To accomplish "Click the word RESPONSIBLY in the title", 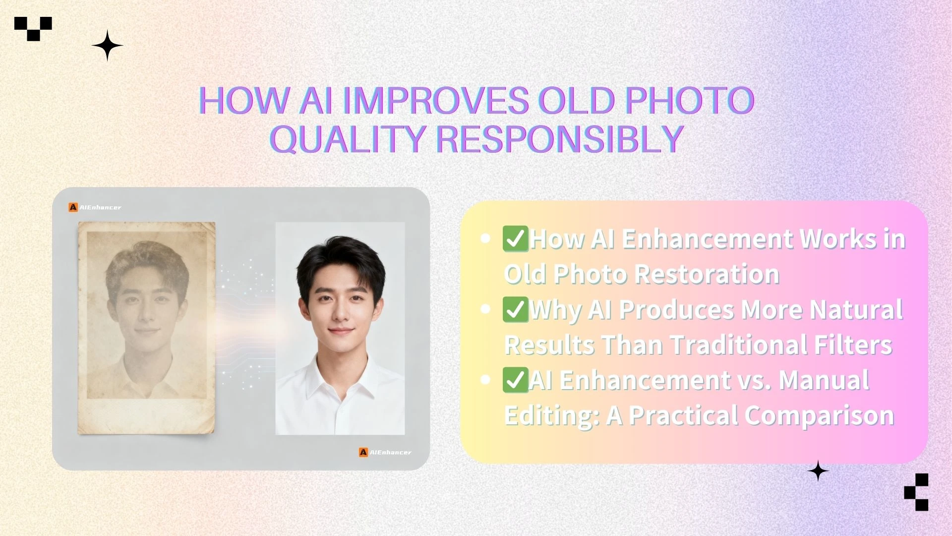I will [560, 138].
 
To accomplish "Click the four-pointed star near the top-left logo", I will [107, 46].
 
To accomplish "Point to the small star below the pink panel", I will [818, 471].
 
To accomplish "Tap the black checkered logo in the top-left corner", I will [33, 28].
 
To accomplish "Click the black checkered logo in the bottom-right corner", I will [917, 492].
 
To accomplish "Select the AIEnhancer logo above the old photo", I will [95, 207].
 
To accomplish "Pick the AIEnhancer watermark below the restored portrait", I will [385, 452].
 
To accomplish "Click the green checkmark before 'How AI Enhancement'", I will [515, 239].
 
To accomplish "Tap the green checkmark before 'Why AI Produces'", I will [515, 310].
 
